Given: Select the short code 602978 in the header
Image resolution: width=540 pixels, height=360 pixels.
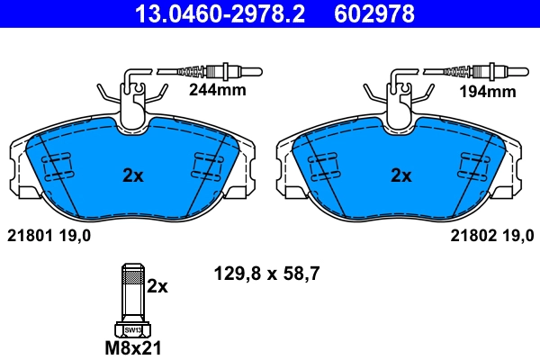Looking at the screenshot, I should pyautogui.click(x=375, y=13).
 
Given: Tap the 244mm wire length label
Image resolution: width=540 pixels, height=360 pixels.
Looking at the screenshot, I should pyautogui.click(x=216, y=91).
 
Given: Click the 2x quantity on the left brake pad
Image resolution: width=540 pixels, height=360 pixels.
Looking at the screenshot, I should pyautogui.click(x=132, y=175).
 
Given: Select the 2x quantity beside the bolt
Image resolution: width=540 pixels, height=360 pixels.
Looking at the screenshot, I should pyautogui.click(x=157, y=286).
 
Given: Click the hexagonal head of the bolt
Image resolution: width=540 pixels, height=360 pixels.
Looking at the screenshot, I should pyautogui.click(x=131, y=328).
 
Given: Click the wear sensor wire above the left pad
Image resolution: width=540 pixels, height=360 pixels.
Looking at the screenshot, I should pyautogui.click(x=207, y=70).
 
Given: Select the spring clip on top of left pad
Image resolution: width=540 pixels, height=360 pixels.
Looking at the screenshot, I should pyautogui.click(x=131, y=95).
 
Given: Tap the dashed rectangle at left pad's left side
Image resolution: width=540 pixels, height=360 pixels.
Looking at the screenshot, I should pyautogui.click(x=58, y=166).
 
